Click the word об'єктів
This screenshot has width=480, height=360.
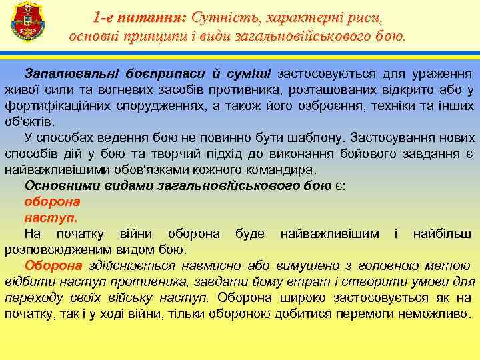click(31, 123)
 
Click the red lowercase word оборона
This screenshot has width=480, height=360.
click(52, 201)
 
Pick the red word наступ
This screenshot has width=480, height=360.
click(51, 217)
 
